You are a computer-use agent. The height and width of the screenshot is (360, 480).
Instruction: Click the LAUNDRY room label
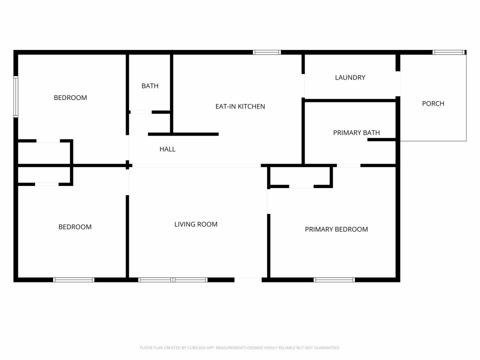(x=350, y=77)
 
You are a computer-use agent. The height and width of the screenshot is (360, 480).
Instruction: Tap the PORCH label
(x=433, y=103)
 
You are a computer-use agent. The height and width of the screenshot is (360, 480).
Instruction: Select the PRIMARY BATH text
(x=356, y=132)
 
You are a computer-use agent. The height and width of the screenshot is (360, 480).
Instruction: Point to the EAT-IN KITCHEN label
(x=240, y=106)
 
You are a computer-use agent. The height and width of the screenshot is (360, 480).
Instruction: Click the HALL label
(x=167, y=149)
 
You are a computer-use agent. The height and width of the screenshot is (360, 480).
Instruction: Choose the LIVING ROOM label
(x=196, y=224)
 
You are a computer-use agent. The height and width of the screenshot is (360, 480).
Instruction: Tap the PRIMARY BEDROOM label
(x=336, y=229)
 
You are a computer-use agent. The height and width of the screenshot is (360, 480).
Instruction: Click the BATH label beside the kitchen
(x=150, y=85)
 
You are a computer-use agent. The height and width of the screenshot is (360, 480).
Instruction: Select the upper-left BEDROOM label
(x=70, y=97)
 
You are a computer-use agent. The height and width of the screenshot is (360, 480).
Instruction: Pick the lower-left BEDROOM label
(x=75, y=227)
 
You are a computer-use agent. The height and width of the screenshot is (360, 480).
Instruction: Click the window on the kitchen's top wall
(x=266, y=52)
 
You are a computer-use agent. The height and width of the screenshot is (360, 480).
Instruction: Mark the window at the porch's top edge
(x=448, y=52)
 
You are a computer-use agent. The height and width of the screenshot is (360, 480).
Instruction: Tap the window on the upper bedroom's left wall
(x=16, y=96)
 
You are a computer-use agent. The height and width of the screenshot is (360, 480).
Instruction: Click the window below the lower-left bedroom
(x=73, y=280)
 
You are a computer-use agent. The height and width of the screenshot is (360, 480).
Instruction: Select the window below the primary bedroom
(x=334, y=280)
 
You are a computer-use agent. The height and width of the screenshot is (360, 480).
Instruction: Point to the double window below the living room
(x=173, y=280)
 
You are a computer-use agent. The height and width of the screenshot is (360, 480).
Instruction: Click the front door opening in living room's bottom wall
(x=248, y=280)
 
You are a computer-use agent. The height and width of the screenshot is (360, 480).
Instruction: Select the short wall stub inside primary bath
(x=381, y=139)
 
